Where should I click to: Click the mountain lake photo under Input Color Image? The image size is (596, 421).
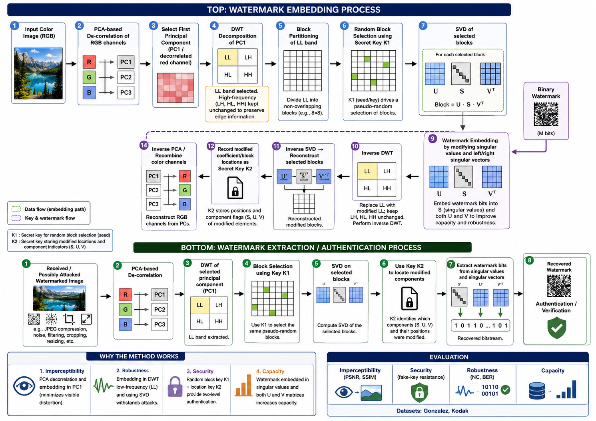coord(38,73)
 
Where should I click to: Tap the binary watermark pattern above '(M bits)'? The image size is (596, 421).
coord(546,114)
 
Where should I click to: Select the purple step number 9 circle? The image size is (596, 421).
coord(433,138)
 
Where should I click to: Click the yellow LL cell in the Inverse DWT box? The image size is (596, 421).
coord(367,171)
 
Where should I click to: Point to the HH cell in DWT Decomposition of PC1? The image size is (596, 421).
coord(248,75)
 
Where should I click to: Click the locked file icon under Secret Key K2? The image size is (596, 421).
coord(235,188)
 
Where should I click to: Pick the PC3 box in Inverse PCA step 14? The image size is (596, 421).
coord(153,204)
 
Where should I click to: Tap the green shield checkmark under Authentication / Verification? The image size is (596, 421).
coord(556,329)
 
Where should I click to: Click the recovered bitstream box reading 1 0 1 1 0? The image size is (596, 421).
coord(480,325)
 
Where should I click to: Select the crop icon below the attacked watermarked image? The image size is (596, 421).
coord(69,319)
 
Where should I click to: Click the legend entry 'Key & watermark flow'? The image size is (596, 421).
coord(50,218)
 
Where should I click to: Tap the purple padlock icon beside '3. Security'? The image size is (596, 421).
coord(175,386)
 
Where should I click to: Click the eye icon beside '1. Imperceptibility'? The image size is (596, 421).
coord(24,386)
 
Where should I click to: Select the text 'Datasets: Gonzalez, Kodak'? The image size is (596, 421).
coord(432,411)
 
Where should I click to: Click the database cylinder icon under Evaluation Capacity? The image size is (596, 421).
coord(537,391)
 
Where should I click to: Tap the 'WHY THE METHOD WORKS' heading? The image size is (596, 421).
coord(139,356)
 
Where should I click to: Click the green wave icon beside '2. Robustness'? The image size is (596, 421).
coord(103,385)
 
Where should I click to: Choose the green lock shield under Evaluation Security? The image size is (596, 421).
coord(419,392)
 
